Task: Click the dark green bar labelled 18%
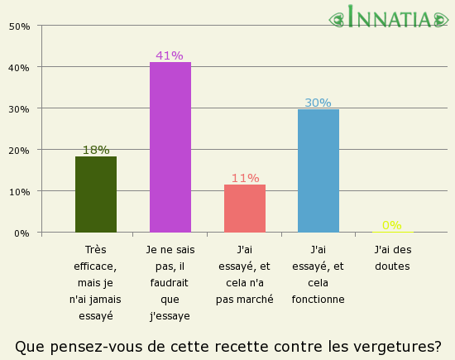click(96, 194)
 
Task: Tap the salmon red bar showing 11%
click(245, 209)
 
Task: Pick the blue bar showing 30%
click(318, 170)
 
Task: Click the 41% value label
click(170, 55)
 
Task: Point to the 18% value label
click(96, 150)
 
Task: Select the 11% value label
click(245, 178)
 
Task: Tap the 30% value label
click(318, 103)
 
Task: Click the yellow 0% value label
click(391, 225)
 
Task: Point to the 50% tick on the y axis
click(19, 26)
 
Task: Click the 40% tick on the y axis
click(19, 67)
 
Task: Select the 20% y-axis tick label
click(19, 150)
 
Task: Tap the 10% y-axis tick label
click(19, 191)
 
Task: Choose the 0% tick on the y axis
click(22, 233)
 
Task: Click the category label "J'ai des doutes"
click(393, 257)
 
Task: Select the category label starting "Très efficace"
click(96, 282)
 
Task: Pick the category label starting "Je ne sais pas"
click(170, 282)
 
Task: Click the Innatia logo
click(392, 17)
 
